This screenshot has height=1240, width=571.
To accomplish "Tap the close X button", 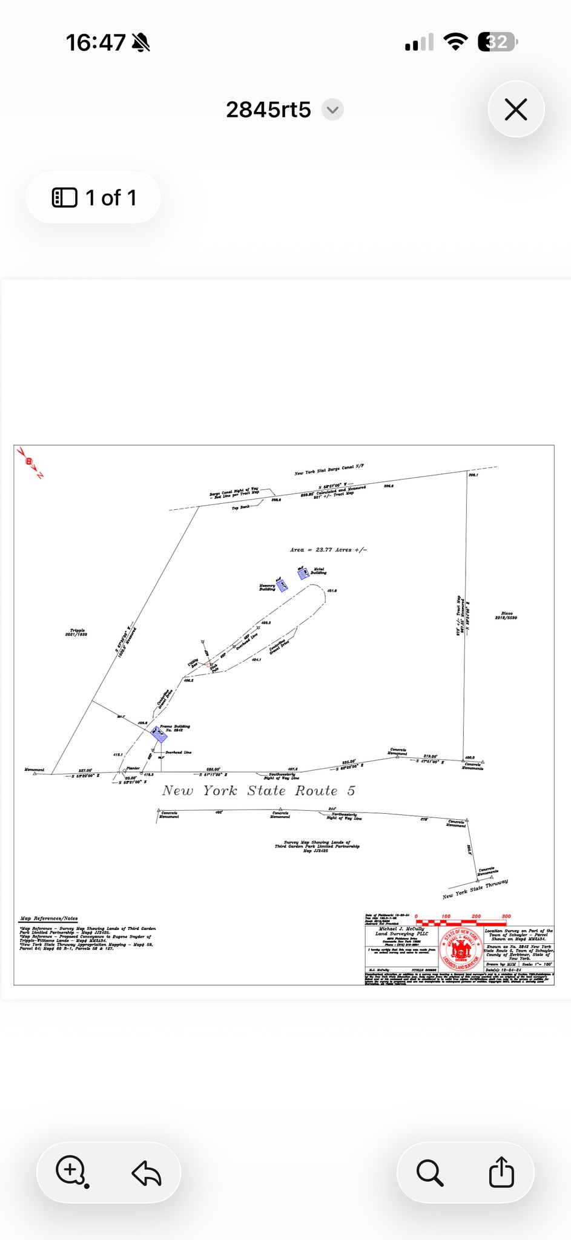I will (516, 110).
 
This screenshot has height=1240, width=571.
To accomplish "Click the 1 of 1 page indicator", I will (93, 197).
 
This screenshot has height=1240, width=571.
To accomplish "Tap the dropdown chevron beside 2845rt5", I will (332, 110).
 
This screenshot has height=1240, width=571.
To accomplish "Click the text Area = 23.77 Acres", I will (328, 550).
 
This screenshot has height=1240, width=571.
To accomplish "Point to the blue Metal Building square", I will (303, 572).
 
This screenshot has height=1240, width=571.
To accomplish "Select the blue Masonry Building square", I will (282, 585).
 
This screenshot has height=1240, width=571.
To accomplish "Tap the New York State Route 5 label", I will (259, 791).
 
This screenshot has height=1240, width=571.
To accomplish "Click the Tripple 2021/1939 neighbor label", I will (77, 632).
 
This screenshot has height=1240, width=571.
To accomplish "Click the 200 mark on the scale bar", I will (476, 917).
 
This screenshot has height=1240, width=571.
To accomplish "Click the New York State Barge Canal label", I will (329, 469).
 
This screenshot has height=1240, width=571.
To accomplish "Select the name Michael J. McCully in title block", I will (401, 929).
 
